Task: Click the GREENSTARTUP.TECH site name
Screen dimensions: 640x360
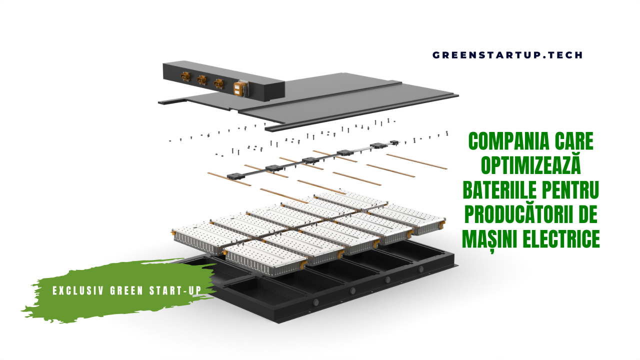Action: [507, 55]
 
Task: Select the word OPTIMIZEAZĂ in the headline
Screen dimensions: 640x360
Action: [531, 165]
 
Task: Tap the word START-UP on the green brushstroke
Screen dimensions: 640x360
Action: [175, 290]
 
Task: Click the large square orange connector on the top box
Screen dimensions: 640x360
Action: [239, 88]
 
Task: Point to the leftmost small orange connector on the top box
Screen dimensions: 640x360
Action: [185, 76]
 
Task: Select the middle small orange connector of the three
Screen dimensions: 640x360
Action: [202, 79]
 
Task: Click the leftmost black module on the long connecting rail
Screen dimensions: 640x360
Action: [235, 176]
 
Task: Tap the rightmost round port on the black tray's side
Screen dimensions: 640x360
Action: [420, 269]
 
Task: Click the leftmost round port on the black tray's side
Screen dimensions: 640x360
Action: [315, 302]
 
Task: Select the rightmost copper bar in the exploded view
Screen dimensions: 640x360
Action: [416, 161]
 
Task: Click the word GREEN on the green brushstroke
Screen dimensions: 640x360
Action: [126, 290]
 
